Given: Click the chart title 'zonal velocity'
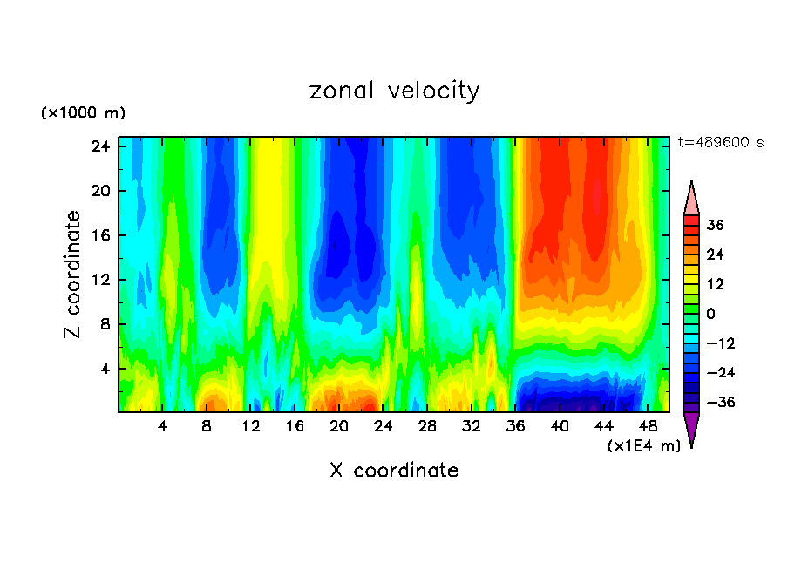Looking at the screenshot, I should point(394,91).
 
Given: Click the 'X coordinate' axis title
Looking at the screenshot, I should point(394,471).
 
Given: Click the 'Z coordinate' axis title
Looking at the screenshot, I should point(73,275).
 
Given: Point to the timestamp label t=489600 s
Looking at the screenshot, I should point(720,143).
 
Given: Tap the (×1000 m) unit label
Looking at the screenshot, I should point(83,113).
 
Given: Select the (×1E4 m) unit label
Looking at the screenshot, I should point(643,446).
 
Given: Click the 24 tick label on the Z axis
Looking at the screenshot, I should point(101,146).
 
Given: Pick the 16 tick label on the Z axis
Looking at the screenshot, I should point(101,235).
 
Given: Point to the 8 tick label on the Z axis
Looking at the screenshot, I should point(105,324).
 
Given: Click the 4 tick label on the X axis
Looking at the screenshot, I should point(163,427).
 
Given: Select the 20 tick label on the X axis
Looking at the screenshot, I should point(339,427).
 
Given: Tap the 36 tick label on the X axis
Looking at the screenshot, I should point(516,427).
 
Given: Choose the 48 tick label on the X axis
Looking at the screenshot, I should point(648,427).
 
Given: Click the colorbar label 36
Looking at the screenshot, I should point(715,225).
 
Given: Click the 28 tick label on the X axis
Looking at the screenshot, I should point(427,427).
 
